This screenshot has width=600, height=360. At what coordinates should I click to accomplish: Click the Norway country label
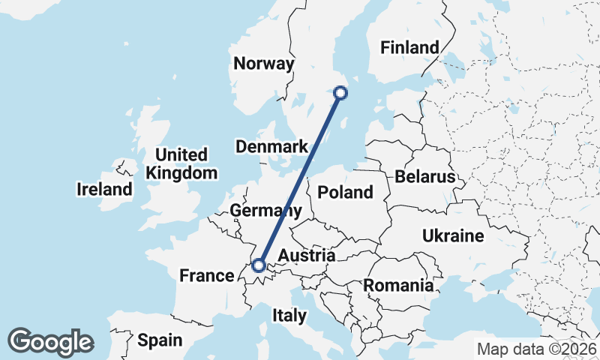(x=263, y=64)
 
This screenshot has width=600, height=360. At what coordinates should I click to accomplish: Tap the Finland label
(x=409, y=47)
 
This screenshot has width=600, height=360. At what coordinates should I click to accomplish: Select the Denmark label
(x=271, y=147)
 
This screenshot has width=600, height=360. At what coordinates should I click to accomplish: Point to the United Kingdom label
(x=181, y=163)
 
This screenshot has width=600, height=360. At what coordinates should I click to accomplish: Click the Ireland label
(x=104, y=190)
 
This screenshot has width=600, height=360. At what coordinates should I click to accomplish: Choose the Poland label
(x=345, y=193)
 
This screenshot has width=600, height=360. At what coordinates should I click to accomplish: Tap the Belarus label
(x=425, y=178)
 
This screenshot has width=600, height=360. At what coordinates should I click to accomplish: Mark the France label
(x=207, y=276)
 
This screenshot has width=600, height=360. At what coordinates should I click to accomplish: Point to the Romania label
(x=398, y=286)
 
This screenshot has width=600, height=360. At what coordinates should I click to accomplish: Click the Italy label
(x=289, y=316)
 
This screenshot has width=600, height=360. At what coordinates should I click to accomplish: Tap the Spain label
(x=160, y=340)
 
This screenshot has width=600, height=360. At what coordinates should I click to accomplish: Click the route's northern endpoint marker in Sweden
(x=340, y=93)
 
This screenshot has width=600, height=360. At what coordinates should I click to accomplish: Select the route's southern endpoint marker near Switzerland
(x=259, y=265)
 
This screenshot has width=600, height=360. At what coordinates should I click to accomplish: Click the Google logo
(x=51, y=342)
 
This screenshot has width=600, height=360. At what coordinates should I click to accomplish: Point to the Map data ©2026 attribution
(x=537, y=349)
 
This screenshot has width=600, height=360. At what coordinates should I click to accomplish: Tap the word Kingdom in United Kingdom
(x=181, y=173)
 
